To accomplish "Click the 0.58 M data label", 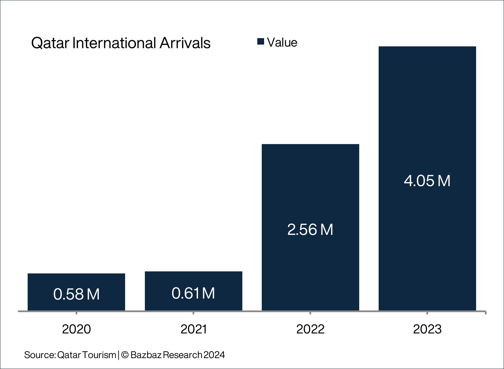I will [76, 294].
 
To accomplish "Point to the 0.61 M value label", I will [193, 293].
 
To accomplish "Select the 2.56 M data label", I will [310, 229].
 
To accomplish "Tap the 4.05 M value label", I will [427, 181].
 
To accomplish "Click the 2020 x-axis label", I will [76, 329].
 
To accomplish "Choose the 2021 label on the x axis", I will [194, 329].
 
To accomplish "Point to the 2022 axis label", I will [310, 329].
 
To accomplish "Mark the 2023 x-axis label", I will [427, 329].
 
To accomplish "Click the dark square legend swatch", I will [261, 42].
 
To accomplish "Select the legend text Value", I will [282, 43].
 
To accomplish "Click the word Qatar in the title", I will [50, 43].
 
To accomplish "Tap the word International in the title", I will [114, 43].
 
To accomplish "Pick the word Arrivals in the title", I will [185, 43].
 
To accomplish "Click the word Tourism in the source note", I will [99, 355].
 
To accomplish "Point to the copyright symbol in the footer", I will [125, 355].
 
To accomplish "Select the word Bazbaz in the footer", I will [146, 355].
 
